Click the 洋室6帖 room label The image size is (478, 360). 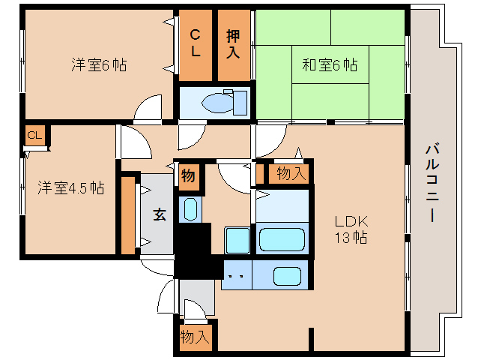coord(99,64)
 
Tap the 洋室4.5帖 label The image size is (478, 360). coord(71,187)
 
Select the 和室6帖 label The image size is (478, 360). coord(330,64)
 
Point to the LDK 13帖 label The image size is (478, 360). coord(351,229)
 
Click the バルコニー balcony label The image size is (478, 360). coord(432,183)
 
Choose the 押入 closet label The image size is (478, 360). coord(233,44)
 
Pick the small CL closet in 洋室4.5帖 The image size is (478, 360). coord(34,135)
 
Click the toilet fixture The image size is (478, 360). coord(225,102)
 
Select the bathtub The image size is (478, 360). coord(282,239)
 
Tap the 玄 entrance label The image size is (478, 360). coord(160,214)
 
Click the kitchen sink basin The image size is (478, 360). coord(287,276)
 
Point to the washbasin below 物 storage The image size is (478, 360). coord(190,209)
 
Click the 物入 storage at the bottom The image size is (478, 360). coord(195,337)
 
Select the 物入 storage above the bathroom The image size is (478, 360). coord(291,173)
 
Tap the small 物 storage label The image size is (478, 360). coord(188,176)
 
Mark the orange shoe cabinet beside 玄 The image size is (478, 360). coord(128,215)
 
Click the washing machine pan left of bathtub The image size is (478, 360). coord(238,241)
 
